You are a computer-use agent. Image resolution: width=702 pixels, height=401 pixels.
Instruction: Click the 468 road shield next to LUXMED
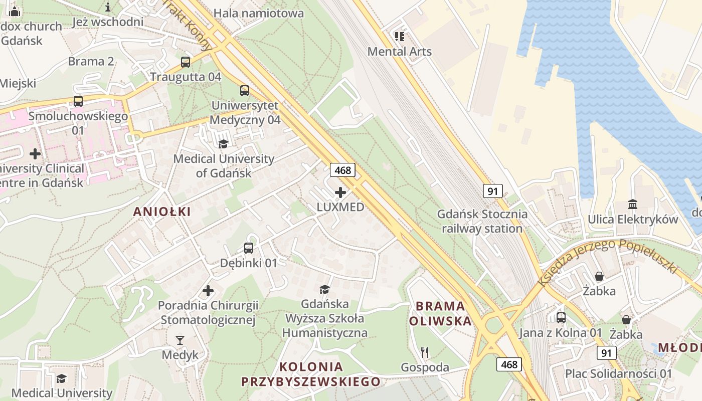343,170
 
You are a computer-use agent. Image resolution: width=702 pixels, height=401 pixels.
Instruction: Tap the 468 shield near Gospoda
509,364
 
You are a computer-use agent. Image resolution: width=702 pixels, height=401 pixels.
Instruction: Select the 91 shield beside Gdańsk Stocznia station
493,191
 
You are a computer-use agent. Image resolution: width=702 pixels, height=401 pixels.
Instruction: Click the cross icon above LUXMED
340,192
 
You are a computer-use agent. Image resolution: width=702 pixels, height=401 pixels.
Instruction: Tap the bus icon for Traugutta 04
186,62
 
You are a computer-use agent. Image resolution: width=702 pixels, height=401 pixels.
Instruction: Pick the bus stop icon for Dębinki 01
249,248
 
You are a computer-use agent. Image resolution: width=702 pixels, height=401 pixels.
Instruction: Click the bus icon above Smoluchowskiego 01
78,101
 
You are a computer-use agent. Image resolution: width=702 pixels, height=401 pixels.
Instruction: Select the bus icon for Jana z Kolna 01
561,317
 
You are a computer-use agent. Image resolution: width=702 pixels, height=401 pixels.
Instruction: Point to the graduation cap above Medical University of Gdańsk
223,144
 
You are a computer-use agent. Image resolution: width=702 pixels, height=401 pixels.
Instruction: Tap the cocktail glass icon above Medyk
180,340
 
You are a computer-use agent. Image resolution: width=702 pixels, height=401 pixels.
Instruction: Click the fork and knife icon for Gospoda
425,352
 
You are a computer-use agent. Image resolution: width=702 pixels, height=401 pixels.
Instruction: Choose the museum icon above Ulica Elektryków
632,205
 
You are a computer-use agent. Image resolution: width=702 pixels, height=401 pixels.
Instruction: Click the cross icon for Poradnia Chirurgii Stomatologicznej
208,291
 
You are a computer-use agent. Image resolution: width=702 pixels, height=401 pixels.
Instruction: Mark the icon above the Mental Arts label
399,36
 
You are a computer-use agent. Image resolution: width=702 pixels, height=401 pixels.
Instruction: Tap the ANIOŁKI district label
162,212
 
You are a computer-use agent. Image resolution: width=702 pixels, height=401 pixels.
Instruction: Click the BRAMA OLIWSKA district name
440,313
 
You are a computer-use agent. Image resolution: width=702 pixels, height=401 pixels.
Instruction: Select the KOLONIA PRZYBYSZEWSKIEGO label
311,374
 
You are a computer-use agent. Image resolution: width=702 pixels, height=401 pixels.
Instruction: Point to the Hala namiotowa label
259,13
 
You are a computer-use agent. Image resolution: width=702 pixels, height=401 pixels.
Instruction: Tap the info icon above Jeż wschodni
108,7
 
